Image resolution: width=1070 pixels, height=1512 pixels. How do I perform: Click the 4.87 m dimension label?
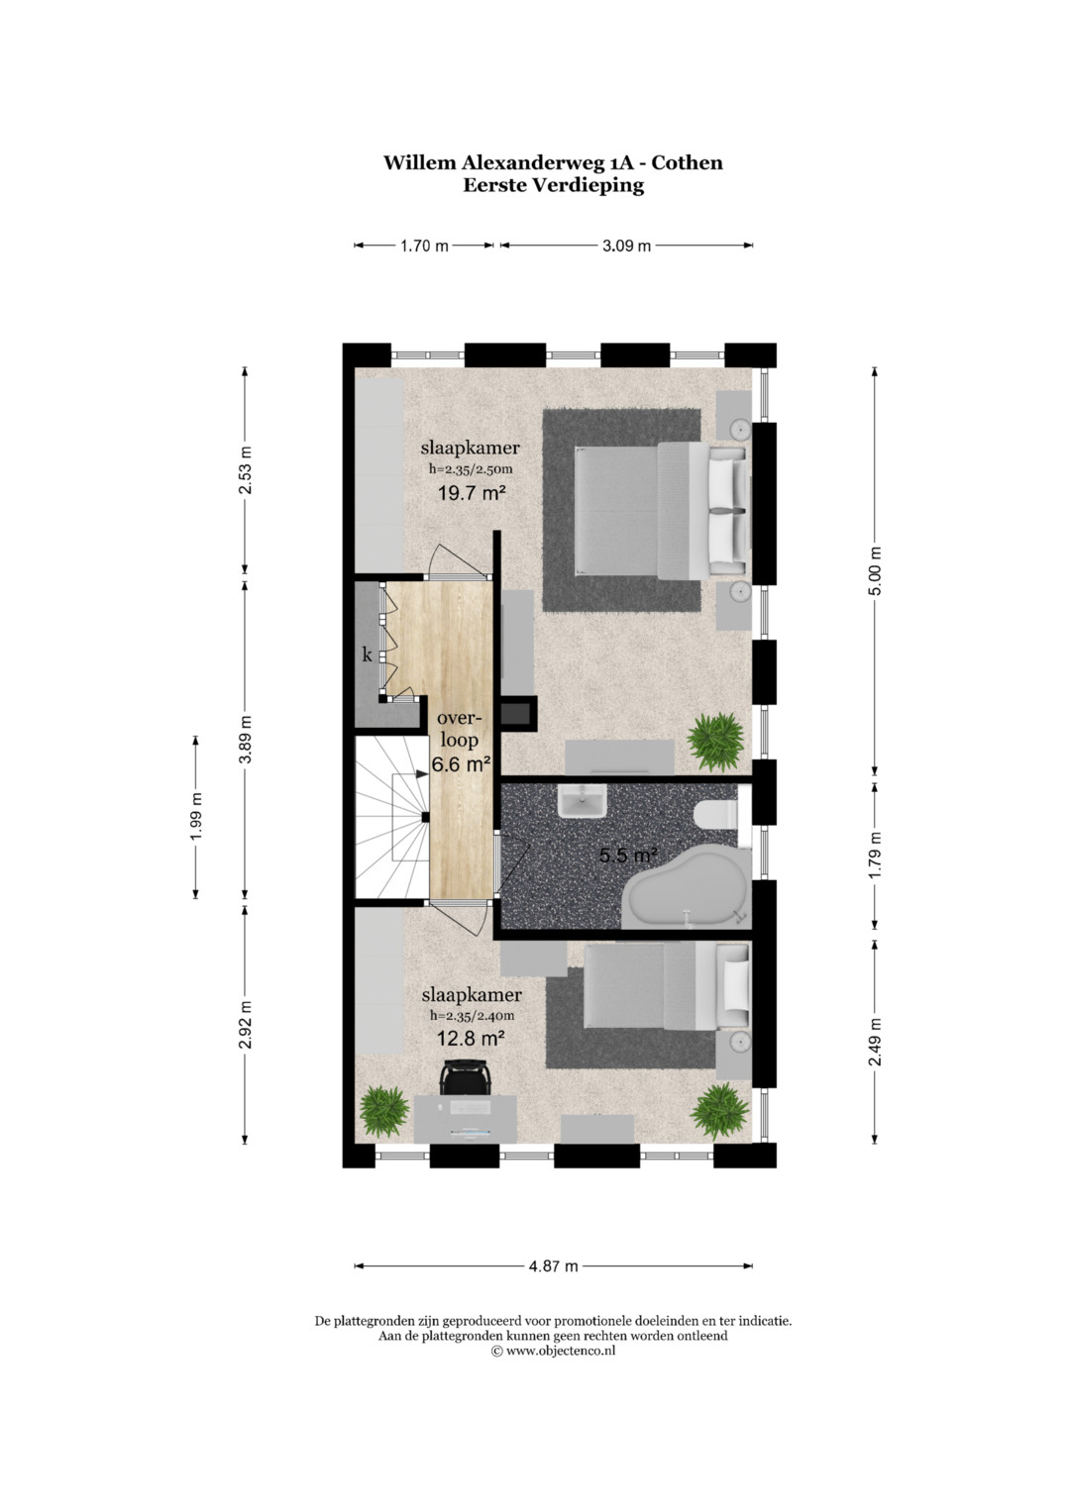(x=553, y=1265)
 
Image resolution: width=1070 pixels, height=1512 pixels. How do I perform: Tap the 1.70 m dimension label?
(x=424, y=246)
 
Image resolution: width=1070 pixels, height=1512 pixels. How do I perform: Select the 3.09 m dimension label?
(x=626, y=246)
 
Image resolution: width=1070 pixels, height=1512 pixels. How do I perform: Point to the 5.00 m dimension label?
(x=875, y=571)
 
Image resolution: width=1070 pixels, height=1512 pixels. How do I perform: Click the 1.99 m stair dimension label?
(x=196, y=817)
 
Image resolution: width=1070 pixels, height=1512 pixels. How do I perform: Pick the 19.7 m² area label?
(x=472, y=493)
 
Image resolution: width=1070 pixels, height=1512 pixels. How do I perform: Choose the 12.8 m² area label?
(x=471, y=1038)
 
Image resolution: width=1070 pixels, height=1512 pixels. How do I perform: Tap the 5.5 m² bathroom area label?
(x=628, y=856)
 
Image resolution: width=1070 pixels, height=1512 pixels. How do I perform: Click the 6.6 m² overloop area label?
(x=461, y=764)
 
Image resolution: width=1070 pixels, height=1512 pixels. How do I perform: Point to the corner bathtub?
(x=687, y=889)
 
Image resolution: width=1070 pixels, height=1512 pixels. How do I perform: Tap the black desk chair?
(x=464, y=1077)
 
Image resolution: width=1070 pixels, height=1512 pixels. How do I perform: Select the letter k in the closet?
(x=367, y=655)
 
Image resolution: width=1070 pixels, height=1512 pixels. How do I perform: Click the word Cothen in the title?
(x=687, y=162)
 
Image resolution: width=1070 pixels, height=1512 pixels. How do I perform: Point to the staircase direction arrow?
(x=409, y=774)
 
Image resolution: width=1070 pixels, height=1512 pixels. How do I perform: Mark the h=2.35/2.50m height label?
(x=471, y=469)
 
